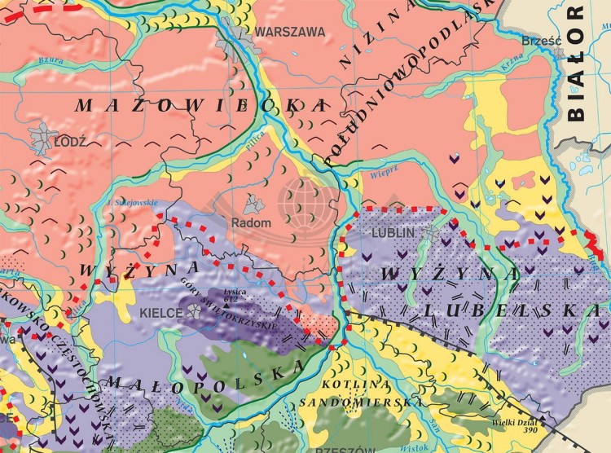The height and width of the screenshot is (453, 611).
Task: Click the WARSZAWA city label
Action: pos(289,32)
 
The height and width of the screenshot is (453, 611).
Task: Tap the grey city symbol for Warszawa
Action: pos(235,37)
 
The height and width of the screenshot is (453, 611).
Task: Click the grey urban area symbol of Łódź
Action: pos(41,139)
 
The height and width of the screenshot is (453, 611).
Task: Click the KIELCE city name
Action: pos(163,311)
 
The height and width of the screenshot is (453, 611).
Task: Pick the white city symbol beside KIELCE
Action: pos(194,310)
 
